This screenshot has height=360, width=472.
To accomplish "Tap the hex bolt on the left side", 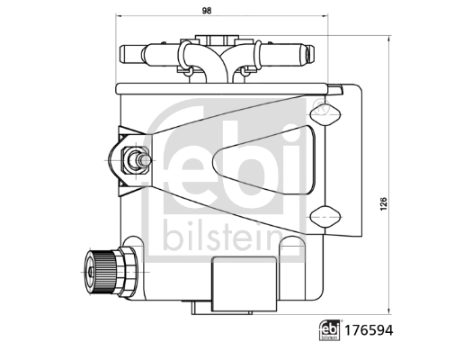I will (134, 162).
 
